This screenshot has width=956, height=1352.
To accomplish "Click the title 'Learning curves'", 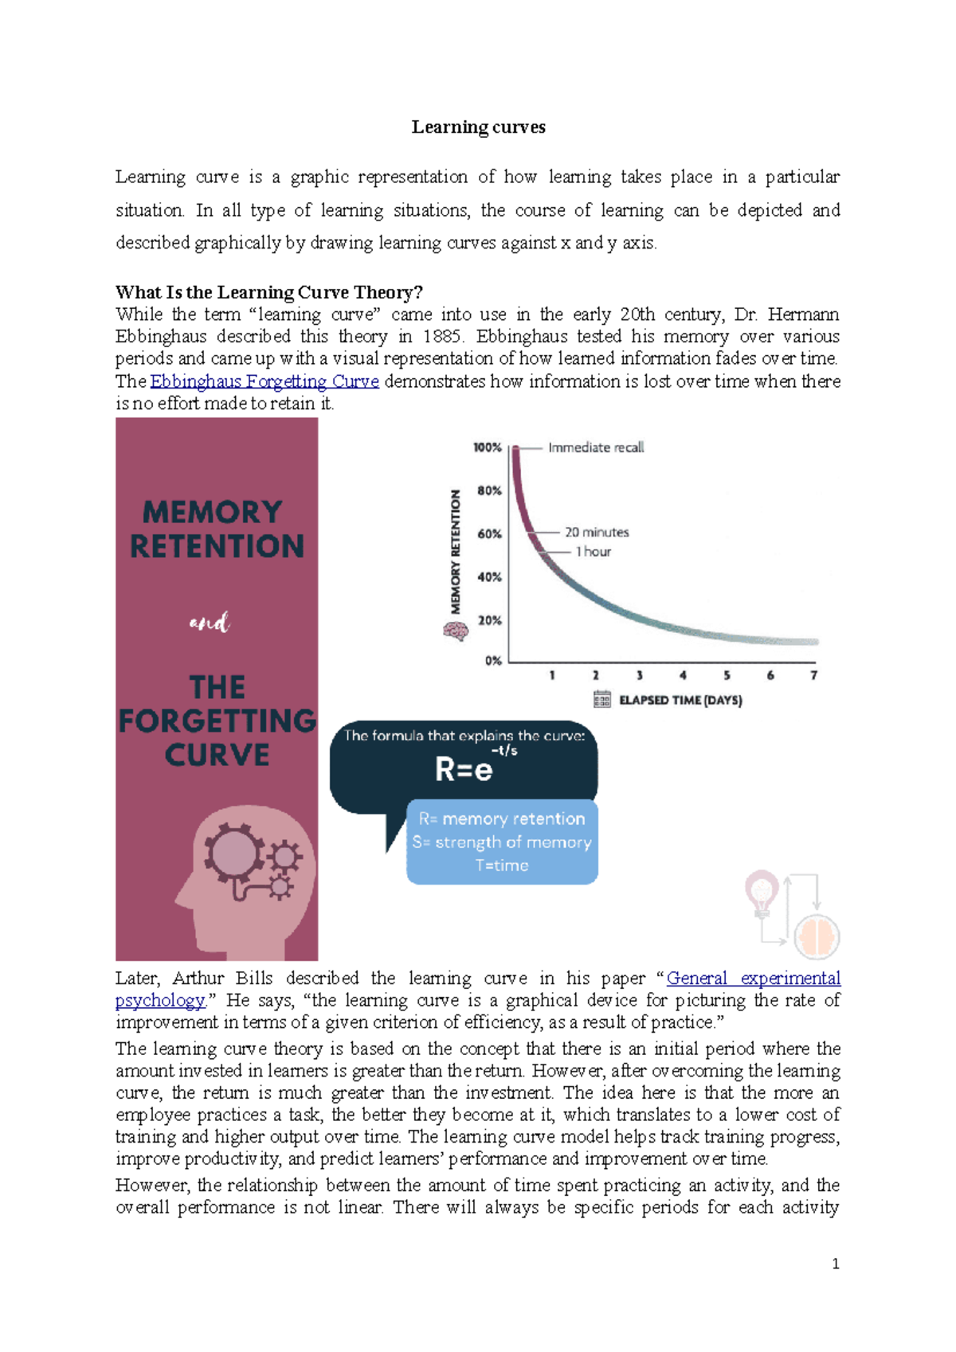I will pyautogui.click(x=478, y=127).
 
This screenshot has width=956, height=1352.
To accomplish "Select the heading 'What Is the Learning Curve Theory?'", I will pyautogui.click(x=268, y=292).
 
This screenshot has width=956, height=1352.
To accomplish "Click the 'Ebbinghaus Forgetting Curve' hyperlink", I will pyautogui.click(x=264, y=381).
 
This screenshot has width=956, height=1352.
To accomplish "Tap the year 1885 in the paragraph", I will pyautogui.click(x=441, y=337).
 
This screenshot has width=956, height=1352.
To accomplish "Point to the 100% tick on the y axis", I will pyautogui.click(x=487, y=447).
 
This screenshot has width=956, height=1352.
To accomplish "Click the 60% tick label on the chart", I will pyautogui.click(x=489, y=533).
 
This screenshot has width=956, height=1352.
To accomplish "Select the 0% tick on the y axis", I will pyautogui.click(x=493, y=660).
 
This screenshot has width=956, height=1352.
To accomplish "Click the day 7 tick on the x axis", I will pyautogui.click(x=813, y=675).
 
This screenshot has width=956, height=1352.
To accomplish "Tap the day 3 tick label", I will pyautogui.click(x=639, y=675).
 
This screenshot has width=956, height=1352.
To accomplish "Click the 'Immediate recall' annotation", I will pyautogui.click(x=596, y=447).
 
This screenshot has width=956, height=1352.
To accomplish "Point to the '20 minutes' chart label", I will pyautogui.click(x=597, y=532).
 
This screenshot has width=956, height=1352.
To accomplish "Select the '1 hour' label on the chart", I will pyautogui.click(x=594, y=551).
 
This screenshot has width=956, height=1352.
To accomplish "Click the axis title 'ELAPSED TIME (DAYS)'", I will pyautogui.click(x=680, y=701).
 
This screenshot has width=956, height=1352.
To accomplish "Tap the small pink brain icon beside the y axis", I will pyautogui.click(x=455, y=631).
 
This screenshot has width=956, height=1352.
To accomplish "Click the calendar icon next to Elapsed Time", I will pyautogui.click(x=602, y=699).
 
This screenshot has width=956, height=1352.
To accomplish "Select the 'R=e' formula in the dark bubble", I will pyautogui.click(x=464, y=769).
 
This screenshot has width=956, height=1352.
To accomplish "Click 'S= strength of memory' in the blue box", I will pyautogui.click(x=502, y=842).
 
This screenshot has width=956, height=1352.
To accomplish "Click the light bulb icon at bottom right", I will pyautogui.click(x=762, y=893).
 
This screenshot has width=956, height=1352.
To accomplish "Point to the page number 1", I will pyautogui.click(x=835, y=1264).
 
